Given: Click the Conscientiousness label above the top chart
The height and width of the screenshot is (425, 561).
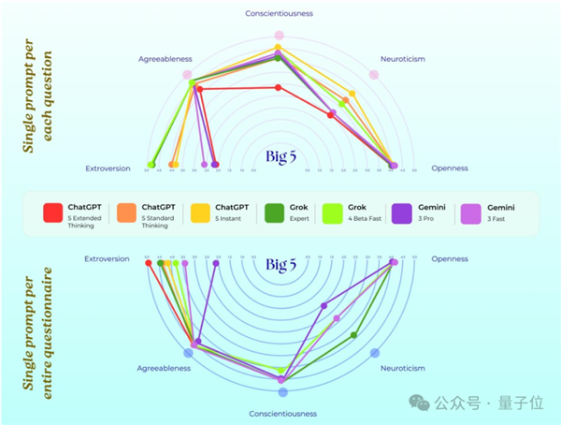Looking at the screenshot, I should (279, 13).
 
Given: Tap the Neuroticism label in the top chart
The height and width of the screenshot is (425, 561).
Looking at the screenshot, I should (403, 58).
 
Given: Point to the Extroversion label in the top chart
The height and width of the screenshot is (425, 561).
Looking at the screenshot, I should (107, 169).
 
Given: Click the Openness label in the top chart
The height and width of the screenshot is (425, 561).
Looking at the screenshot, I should (450, 169).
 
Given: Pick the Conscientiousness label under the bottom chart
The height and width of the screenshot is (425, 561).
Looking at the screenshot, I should (280, 413).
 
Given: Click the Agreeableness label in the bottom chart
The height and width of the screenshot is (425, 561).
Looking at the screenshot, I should (165, 368).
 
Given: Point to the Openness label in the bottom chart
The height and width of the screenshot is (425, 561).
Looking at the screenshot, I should (450, 258).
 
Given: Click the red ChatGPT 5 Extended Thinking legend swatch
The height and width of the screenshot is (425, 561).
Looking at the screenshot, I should (53, 213).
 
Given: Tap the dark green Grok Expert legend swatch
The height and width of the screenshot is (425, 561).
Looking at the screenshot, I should (274, 213).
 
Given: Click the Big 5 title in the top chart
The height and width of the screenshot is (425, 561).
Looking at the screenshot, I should (280, 156).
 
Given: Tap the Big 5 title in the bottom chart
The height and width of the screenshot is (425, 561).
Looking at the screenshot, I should (280, 265).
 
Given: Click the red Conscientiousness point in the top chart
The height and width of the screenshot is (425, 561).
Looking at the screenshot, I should (278, 87).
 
